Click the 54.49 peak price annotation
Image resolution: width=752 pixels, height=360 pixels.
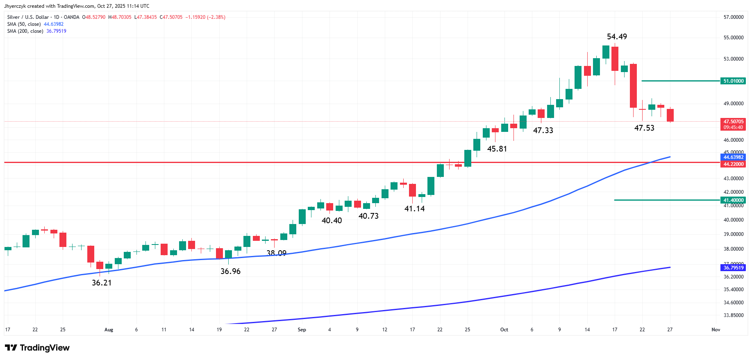point(617,37)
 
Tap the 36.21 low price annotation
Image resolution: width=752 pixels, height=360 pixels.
point(102,283)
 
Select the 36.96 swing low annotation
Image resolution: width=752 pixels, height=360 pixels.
point(230,272)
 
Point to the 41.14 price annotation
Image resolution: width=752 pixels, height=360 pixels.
point(414,209)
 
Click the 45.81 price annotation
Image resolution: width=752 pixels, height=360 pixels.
point(497,149)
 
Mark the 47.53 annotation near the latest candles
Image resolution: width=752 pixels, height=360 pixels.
point(644,128)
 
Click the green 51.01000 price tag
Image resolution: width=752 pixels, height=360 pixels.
point(733,81)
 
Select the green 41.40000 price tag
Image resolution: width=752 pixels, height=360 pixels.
point(733,200)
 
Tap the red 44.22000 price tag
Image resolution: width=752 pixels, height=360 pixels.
point(733,164)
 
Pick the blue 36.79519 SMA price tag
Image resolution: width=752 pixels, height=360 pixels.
point(733,268)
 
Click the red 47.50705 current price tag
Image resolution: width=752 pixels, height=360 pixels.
point(733,122)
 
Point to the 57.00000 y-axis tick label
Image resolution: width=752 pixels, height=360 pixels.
point(733,17)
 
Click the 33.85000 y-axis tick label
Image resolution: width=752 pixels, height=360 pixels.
point(733,315)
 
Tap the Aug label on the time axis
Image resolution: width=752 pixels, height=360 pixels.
point(109,330)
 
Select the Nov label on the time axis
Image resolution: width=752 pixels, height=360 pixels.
point(716,330)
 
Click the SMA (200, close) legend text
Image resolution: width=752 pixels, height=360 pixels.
point(25,31)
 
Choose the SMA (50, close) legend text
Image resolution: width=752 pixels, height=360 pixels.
point(24,24)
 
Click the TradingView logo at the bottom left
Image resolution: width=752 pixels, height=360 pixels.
point(37,348)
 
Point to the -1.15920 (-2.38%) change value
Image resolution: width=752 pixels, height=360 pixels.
point(205,17)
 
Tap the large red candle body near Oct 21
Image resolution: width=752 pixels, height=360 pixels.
point(633,86)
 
